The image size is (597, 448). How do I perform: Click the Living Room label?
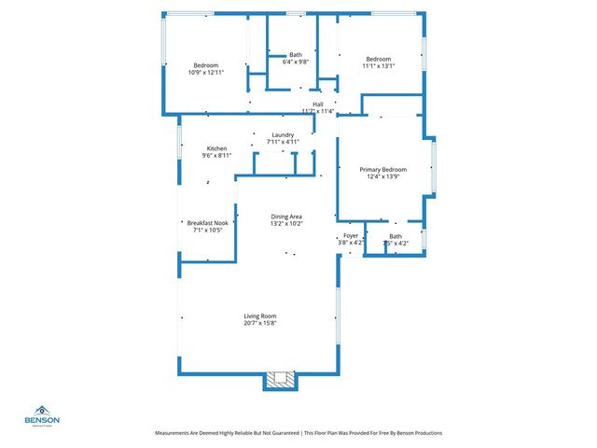(261, 317)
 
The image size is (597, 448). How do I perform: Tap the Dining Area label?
(285, 217)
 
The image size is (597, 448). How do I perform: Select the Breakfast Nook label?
(207, 223)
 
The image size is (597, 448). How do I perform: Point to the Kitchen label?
(217, 148)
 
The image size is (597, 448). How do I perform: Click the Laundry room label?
(283, 134)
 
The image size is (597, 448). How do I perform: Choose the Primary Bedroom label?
(383, 169)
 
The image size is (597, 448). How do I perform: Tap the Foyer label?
(351, 236)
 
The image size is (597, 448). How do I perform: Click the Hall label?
(318, 104)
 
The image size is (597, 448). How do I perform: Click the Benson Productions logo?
(43, 415)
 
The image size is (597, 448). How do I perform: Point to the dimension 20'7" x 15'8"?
(261, 325)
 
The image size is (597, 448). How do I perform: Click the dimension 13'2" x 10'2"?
(285, 224)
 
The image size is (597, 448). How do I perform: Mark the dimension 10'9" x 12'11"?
(205, 72)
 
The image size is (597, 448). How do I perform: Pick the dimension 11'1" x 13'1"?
(378, 66)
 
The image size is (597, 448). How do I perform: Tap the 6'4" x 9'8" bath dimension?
(296, 62)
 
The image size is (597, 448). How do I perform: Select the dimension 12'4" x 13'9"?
(383, 176)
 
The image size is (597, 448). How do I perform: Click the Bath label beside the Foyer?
(396, 236)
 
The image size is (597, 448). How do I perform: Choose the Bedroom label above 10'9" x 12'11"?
(205, 64)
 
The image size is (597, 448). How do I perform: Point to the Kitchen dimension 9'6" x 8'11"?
(217, 156)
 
